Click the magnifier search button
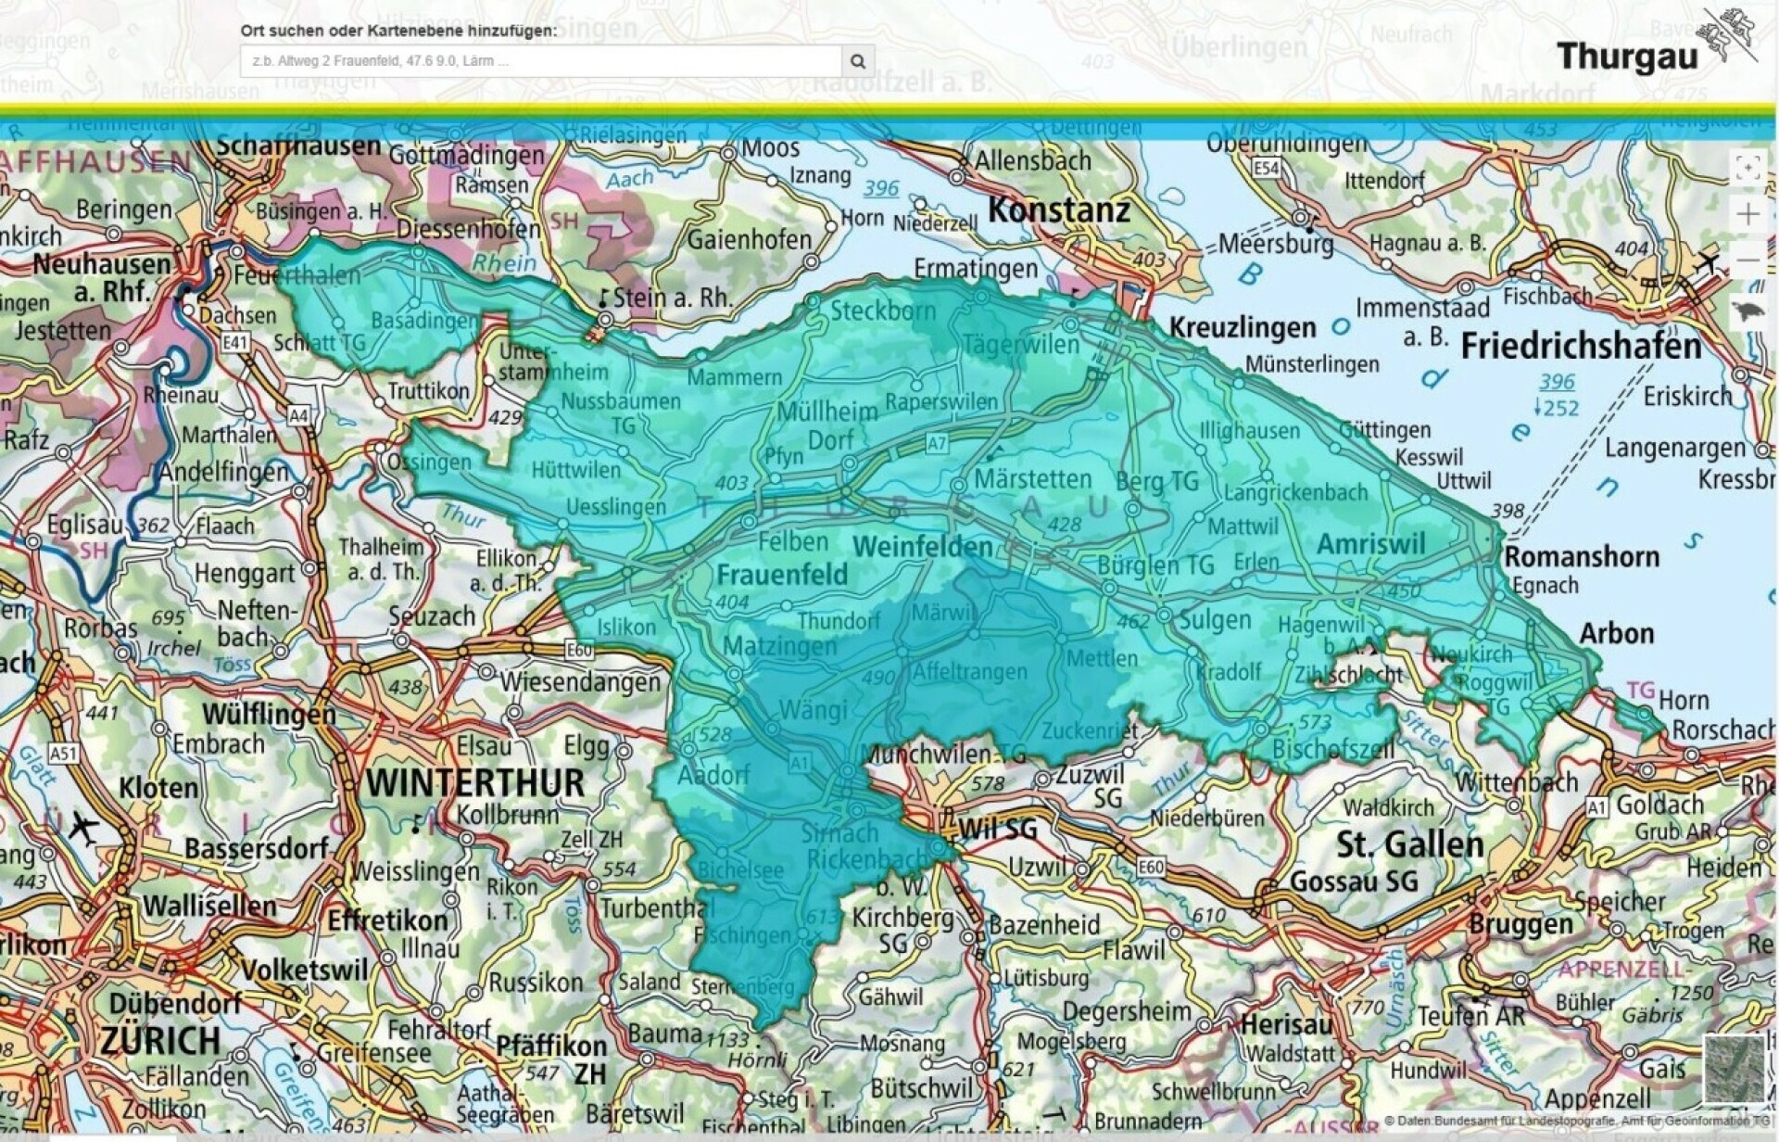coord(857,61)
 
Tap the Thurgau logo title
coord(1627,57)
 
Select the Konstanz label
coord(1059,210)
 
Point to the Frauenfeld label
coord(782,575)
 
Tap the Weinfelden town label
coord(923,546)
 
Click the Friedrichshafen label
coord(1581,347)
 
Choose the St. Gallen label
coord(1409,844)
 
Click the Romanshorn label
coord(1581,557)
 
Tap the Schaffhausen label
coord(298,146)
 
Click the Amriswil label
coord(1370,544)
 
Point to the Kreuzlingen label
coord(1242,327)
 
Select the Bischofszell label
coord(1332,749)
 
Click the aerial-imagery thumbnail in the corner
coord(1733,1069)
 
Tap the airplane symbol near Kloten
coord(84,826)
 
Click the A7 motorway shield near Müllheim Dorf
coord(937,444)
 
